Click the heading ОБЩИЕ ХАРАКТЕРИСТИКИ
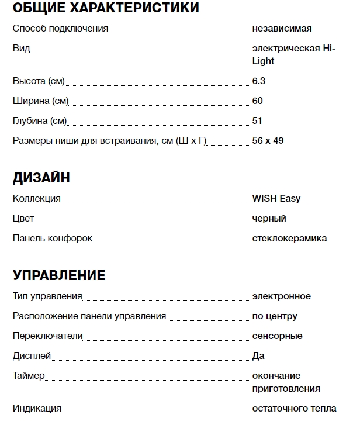106,8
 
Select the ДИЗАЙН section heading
41,178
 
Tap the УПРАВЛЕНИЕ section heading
59,275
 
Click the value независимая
282,28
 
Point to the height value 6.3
259,81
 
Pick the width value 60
258,101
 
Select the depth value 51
257,120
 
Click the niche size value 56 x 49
268,140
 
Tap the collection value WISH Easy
276,198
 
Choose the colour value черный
269,218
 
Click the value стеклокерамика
289,238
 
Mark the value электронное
282,296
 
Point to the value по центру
275,316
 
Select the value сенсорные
278,336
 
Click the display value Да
258,355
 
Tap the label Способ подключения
60,28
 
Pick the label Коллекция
36,198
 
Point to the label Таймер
29,375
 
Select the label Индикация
37,408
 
